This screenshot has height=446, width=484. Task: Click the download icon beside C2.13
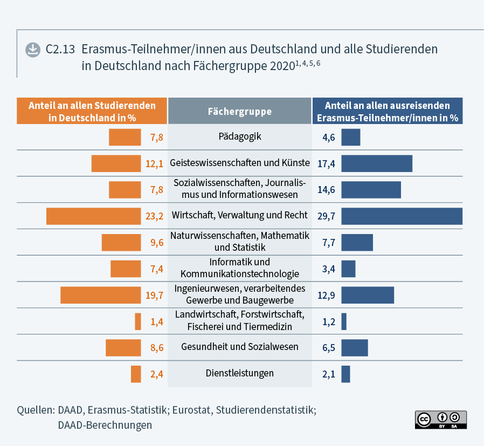coord(33,50)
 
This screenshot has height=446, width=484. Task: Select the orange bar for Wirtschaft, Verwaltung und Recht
coord(93,216)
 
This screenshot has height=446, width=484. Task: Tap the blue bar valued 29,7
coord(402,216)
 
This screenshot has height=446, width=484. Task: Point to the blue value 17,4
coord(326,163)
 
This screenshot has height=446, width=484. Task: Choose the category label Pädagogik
coord(239,136)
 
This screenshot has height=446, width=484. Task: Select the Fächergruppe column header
coord(239,112)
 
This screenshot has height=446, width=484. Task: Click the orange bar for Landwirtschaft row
coord(138,321)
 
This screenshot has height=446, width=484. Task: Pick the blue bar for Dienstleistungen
coord(345,374)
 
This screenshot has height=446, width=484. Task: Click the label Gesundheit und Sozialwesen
coord(239,346)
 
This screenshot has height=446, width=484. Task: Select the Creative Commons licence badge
coord(440,420)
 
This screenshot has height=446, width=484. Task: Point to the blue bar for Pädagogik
coord(350,137)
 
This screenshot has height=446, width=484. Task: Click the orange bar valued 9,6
coord(121,242)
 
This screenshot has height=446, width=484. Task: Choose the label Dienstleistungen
coord(239,373)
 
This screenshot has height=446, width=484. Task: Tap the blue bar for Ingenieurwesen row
coord(368,295)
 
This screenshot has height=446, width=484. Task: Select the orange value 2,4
coord(156,374)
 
